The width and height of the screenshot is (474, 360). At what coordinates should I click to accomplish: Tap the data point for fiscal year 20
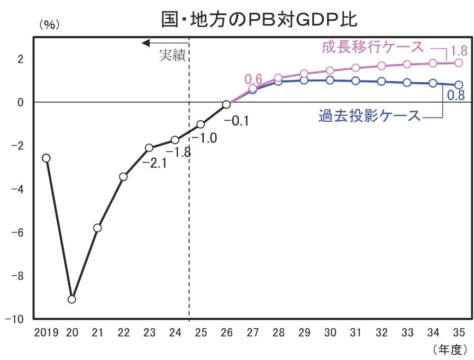pyautogui.click(x=72, y=299)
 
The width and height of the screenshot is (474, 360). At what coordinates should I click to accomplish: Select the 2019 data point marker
pyautogui.click(x=46, y=158)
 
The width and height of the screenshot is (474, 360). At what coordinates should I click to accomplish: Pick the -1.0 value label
pyautogui.click(x=205, y=138)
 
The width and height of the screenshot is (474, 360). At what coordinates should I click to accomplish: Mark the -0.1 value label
pyautogui.click(x=237, y=121)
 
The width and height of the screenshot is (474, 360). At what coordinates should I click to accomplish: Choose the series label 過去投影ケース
pyautogui.click(x=369, y=116)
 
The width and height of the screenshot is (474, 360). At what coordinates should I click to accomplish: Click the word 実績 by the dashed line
pyautogui.click(x=172, y=55)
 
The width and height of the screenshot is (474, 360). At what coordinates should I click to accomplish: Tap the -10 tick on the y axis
pyautogui.click(x=18, y=319)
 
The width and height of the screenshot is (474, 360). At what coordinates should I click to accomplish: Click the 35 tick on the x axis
pyautogui.click(x=459, y=333)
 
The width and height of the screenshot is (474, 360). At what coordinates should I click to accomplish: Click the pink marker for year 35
pyautogui.click(x=458, y=63)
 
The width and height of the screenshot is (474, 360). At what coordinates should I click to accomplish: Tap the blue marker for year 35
pyautogui.click(x=458, y=85)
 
